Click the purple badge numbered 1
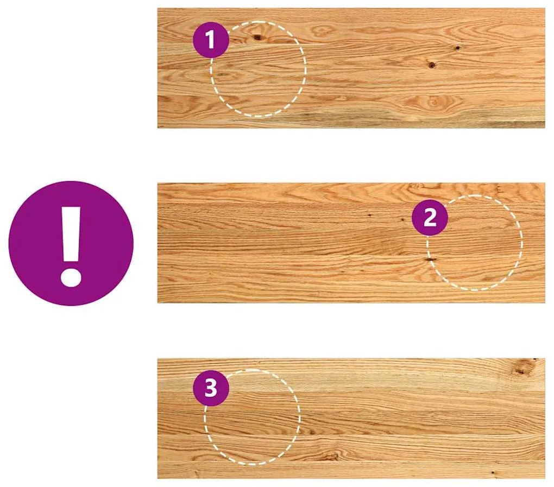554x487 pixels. click(211, 40)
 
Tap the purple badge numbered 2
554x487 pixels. click(430, 217)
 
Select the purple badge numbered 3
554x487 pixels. click(211, 388)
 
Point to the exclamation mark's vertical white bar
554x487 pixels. click(71, 234)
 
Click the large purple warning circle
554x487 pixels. click(71, 243)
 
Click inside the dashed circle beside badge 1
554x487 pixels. click(259, 69)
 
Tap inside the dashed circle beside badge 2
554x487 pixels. click(474, 243)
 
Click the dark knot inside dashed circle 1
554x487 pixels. click(257, 37)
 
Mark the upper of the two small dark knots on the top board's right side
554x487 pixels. click(457, 47)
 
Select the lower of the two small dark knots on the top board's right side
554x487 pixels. click(432, 65)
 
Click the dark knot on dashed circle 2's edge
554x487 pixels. click(430, 260)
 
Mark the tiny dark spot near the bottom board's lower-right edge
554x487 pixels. click(493, 472)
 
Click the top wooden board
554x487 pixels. click(351, 68)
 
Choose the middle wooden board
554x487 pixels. click(351, 243)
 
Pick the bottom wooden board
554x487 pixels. click(351, 419)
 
